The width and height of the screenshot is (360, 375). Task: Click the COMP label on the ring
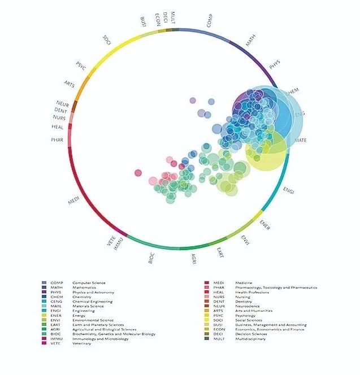(210, 22)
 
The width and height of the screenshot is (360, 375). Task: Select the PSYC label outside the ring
(81, 65)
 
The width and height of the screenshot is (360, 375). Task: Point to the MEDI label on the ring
(73, 200)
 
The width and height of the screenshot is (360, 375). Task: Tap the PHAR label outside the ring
(57, 139)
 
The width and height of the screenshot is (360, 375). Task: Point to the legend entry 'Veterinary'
(83, 343)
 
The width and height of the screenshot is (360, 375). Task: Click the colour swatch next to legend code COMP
(44, 283)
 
